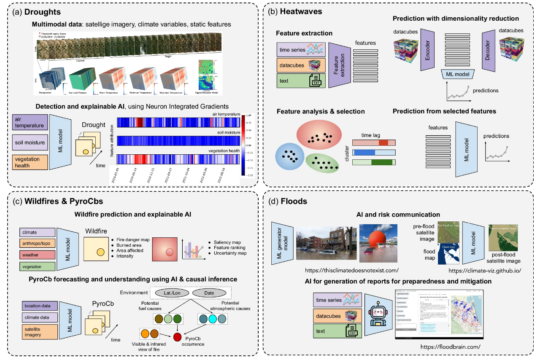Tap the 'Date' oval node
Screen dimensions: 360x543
point(209,293)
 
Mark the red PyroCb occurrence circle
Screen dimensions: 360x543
point(177,337)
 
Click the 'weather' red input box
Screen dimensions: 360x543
point(37,255)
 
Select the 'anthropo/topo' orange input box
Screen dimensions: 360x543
point(37,244)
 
